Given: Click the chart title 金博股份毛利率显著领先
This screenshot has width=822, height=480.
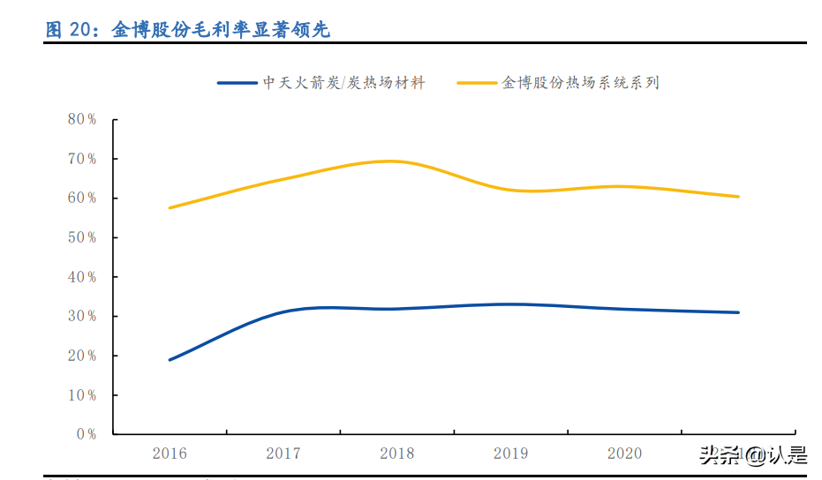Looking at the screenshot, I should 221,30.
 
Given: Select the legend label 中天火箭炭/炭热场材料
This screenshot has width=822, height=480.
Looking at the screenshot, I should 344,83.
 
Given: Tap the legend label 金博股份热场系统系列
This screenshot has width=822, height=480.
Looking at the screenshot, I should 580,83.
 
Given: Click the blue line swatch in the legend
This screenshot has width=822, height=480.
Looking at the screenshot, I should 238,83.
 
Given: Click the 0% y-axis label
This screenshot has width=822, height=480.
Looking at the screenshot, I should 86,434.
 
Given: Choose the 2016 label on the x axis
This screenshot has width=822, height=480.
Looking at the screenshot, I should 170,454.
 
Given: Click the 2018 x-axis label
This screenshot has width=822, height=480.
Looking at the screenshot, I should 397,454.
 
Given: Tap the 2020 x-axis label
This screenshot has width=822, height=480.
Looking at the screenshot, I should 625,454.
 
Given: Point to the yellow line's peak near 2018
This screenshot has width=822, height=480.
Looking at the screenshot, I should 393,161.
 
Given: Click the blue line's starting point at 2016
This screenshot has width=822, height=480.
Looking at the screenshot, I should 170,360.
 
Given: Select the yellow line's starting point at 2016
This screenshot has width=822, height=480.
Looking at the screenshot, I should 170,207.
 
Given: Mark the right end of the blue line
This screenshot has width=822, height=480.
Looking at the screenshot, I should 738,312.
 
